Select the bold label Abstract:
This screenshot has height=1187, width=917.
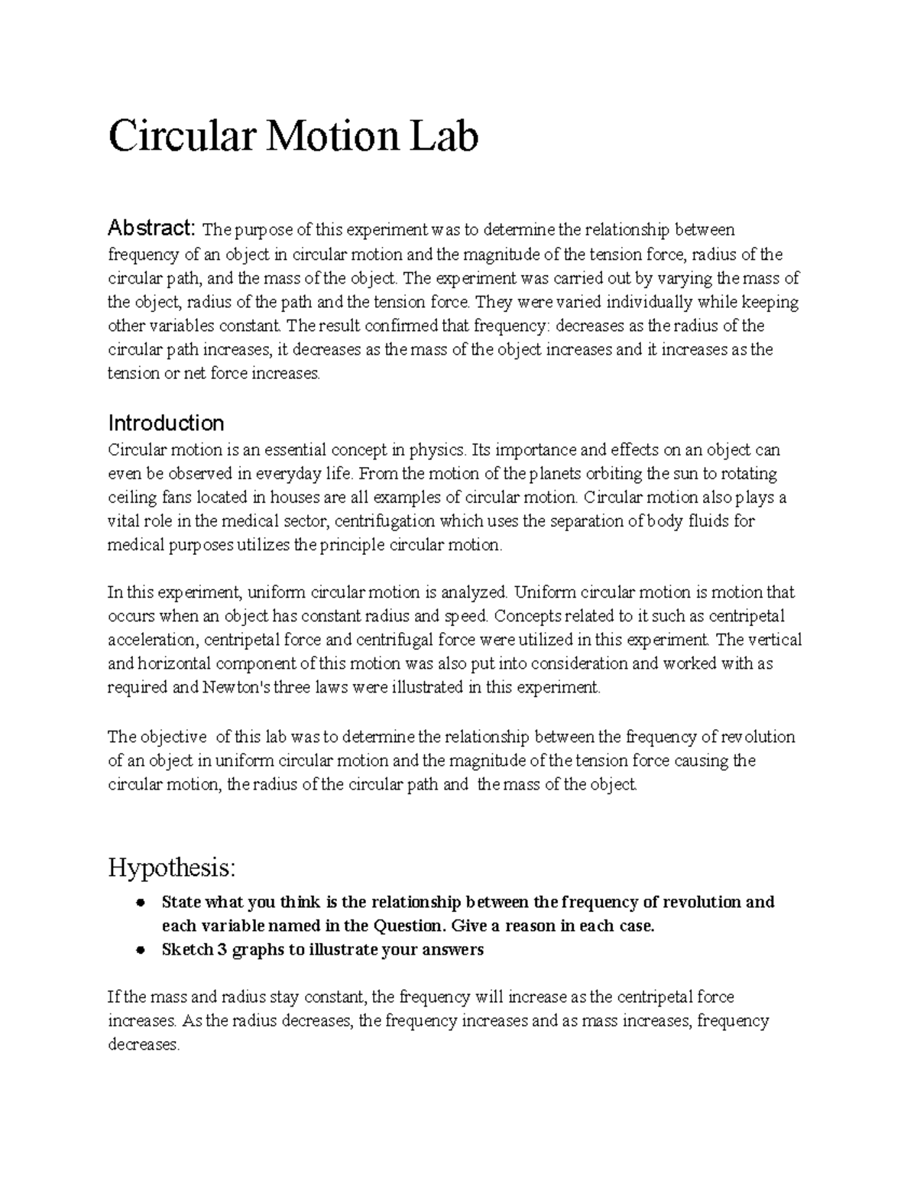click(x=152, y=228)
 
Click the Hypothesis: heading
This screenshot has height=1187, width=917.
click(x=172, y=868)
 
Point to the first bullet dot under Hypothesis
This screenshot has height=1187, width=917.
click(x=140, y=903)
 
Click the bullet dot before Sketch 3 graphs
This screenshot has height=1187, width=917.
click(x=140, y=951)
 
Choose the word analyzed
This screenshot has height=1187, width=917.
click(x=474, y=592)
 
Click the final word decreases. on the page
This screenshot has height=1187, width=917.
click(x=144, y=1045)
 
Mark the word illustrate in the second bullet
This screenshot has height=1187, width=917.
click(x=357, y=950)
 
